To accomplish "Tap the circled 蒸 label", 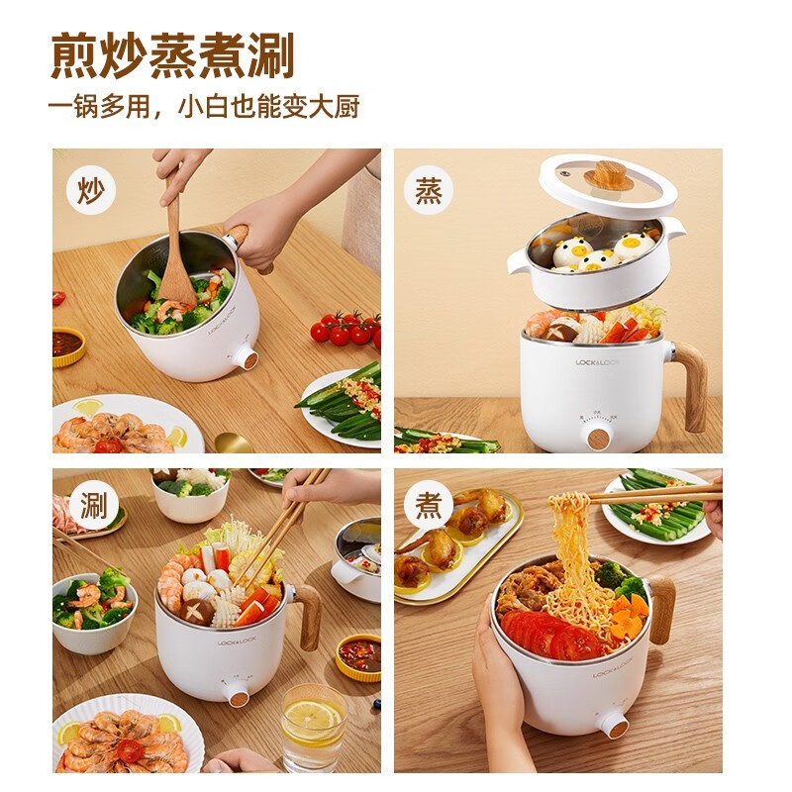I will pos(428,190).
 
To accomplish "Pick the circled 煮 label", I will pos(428,506).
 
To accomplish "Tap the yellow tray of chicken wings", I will pos(455,549).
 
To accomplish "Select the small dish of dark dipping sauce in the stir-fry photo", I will pos(67,345).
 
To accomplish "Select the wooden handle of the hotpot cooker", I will pos(307,614).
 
